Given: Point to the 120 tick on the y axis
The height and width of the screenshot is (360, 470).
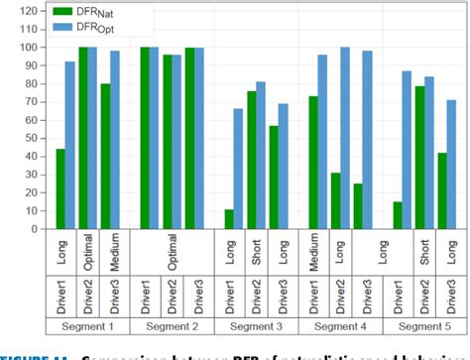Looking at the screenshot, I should [33, 11].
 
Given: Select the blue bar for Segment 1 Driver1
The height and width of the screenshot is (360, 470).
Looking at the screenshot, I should [70, 145].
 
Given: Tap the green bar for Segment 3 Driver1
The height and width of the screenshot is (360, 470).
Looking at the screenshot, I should [230, 219].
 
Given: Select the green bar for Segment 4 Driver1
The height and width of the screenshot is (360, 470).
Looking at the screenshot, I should [313, 163].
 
